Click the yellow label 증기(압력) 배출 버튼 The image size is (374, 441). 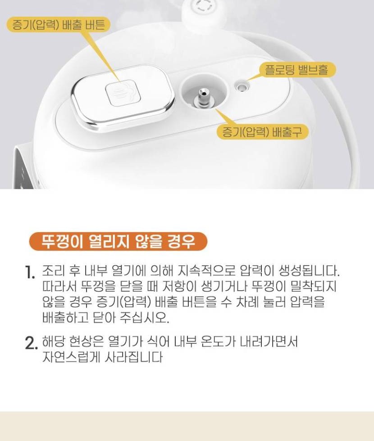[x=58, y=24]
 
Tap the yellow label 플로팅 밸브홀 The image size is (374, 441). [x=296, y=70]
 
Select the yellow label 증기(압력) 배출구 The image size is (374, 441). [x=262, y=131]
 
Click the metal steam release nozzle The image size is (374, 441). [x=203, y=97]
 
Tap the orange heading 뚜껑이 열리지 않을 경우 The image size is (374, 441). [x=118, y=242]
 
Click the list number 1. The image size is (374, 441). [x=30, y=272]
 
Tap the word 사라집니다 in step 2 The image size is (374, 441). [x=134, y=357]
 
